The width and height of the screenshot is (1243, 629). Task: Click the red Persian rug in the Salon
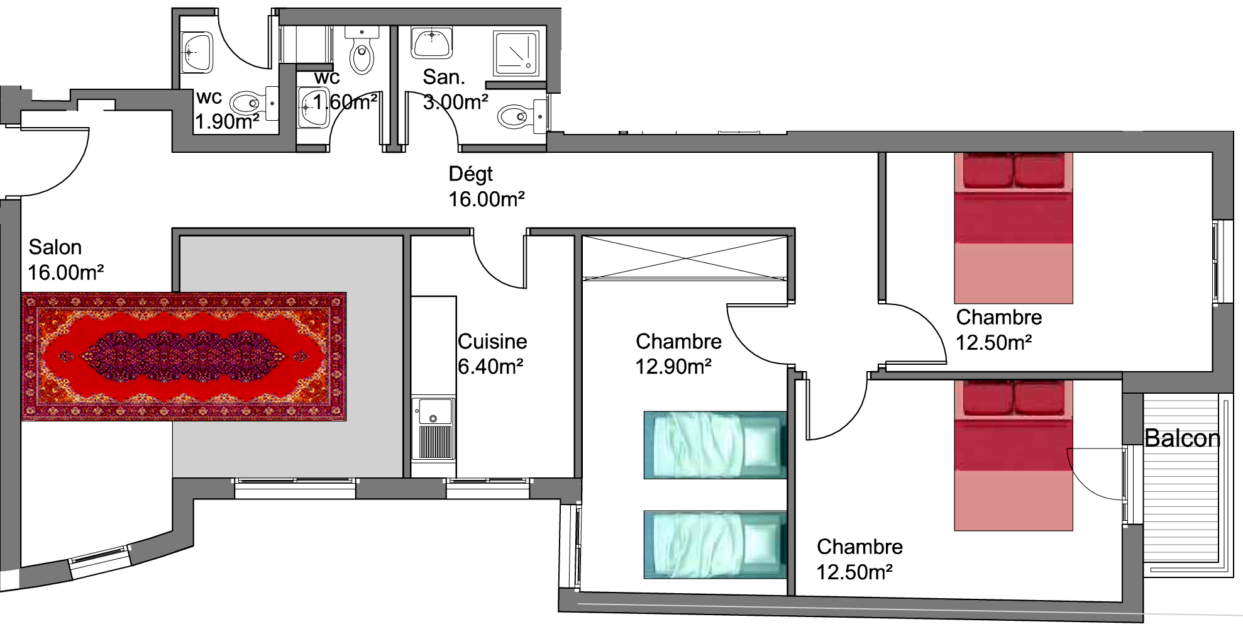184,356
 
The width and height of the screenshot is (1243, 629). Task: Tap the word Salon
55,247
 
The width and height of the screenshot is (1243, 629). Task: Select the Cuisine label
492,342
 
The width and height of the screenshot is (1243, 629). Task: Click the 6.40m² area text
490,366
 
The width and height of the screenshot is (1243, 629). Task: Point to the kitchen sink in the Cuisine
433,428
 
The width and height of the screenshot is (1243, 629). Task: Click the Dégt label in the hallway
470,174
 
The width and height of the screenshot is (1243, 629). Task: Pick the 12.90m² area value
673,366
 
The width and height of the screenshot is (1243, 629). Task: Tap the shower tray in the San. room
517,53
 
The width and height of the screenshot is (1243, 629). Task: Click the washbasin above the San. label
432,42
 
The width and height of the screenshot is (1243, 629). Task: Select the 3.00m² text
456,102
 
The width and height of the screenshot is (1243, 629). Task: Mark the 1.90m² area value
227,121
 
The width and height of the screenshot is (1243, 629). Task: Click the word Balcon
1182,438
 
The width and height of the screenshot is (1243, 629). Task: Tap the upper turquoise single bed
715,445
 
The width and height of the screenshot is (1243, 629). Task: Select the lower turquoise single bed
715,545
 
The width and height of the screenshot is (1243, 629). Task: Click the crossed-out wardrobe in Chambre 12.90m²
685,257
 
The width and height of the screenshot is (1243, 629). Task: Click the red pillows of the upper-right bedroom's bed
1014,170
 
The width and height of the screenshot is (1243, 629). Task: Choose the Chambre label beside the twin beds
678,342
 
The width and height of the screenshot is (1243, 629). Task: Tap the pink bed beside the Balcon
1014,455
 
